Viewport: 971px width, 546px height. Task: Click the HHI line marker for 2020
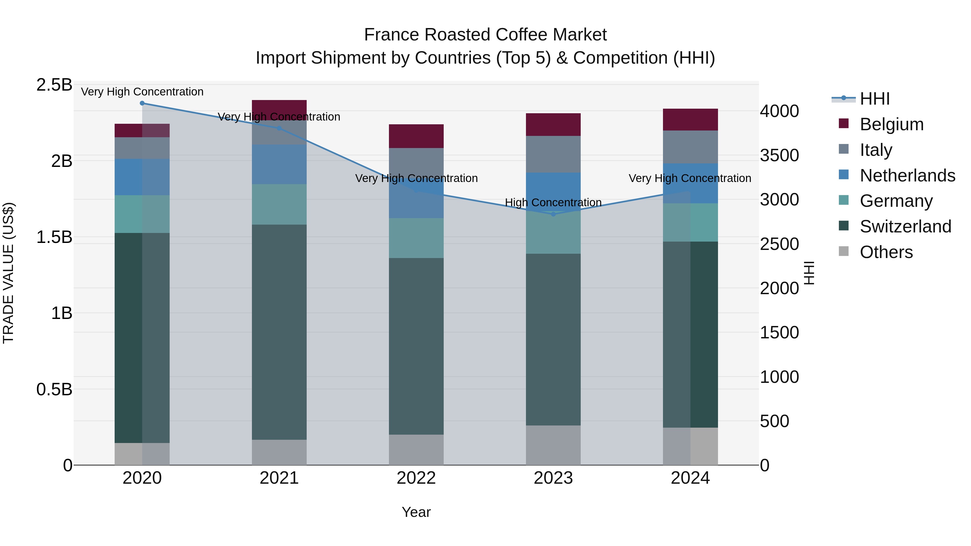(x=142, y=103)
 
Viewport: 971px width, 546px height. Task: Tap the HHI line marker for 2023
(x=553, y=214)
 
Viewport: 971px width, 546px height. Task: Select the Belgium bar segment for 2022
(x=416, y=136)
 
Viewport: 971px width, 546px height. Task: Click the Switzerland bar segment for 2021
(x=279, y=332)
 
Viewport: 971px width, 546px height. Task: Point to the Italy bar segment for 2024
(x=690, y=147)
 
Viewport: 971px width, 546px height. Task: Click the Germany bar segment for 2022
(x=416, y=238)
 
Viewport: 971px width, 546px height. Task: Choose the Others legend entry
(x=886, y=252)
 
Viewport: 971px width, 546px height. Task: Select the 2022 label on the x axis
(x=416, y=478)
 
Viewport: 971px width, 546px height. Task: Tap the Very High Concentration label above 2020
(x=142, y=92)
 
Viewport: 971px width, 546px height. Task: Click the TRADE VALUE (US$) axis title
(x=8, y=273)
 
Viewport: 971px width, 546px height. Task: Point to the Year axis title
(x=416, y=512)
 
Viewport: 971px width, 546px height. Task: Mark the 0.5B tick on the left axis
(x=54, y=389)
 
